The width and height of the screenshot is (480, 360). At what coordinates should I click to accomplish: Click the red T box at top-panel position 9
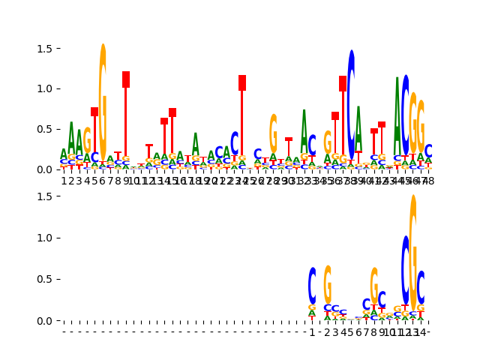126,79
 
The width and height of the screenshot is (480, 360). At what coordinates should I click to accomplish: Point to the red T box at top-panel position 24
242,82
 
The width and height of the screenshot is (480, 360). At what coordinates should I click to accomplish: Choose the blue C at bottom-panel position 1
312,285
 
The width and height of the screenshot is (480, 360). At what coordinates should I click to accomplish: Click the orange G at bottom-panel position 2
328,284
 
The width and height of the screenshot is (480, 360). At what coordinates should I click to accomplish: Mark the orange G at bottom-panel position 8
374,285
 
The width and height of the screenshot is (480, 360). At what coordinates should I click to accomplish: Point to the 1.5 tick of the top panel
60,48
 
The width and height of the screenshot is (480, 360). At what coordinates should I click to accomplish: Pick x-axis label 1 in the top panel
64,180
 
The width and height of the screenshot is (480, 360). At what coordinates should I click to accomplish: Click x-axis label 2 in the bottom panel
328,331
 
